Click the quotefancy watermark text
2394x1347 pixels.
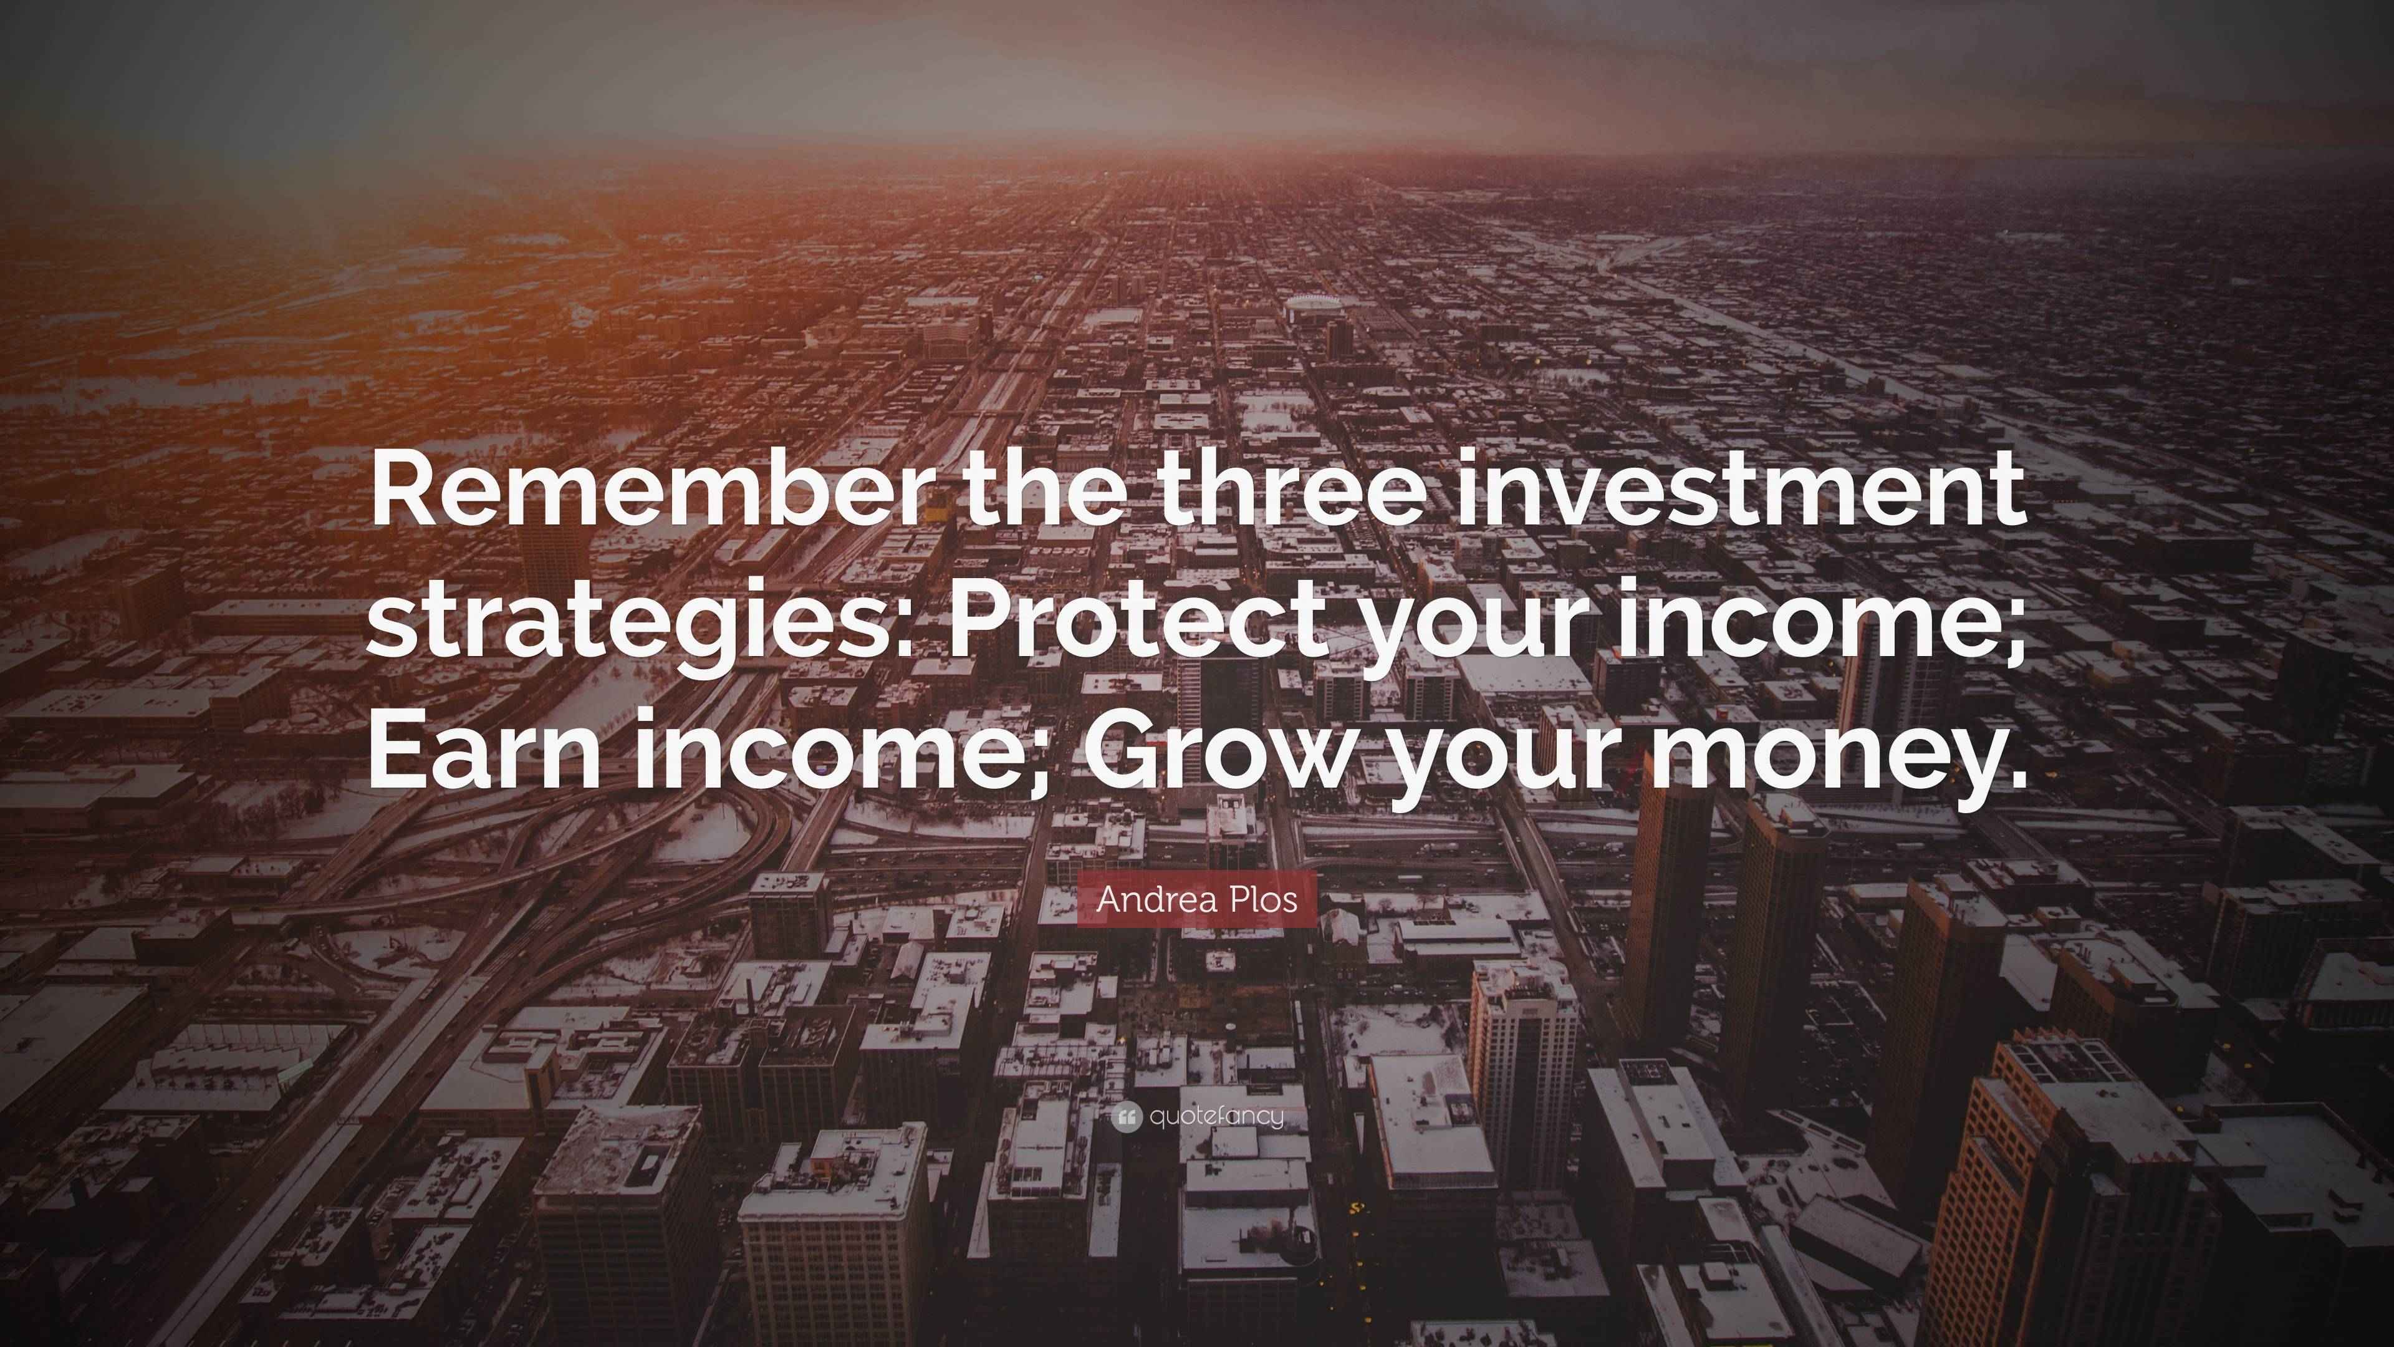click(x=1216, y=1116)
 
